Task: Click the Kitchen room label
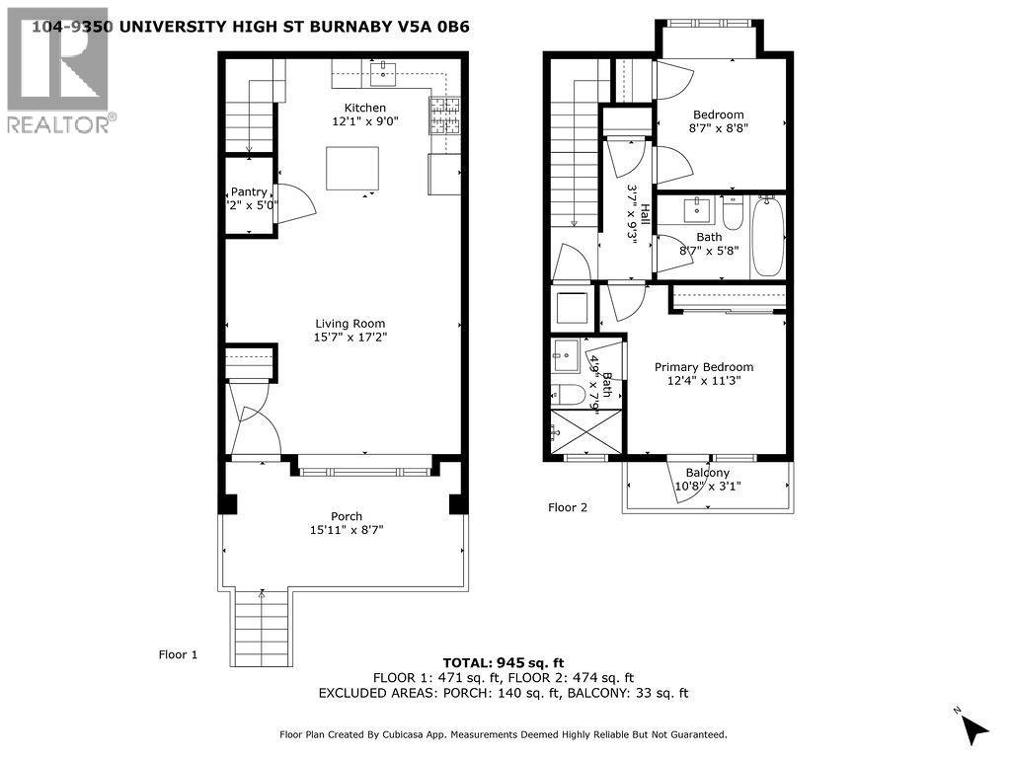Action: click(x=364, y=108)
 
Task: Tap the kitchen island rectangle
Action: click(x=352, y=168)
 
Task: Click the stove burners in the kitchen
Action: click(x=445, y=116)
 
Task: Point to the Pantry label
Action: click(x=249, y=191)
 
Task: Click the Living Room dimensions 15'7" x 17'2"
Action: click(x=350, y=338)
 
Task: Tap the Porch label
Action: click(x=347, y=516)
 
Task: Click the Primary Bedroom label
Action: click(x=704, y=367)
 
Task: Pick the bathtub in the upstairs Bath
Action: click(x=767, y=236)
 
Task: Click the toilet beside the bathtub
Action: click(x=733, y=212)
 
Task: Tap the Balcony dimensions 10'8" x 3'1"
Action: click(x=707, y=487)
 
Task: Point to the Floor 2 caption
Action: click(x=568, y=508)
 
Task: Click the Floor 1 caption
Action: click(x=179, y=654)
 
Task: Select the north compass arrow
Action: click(x=973, y=729)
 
